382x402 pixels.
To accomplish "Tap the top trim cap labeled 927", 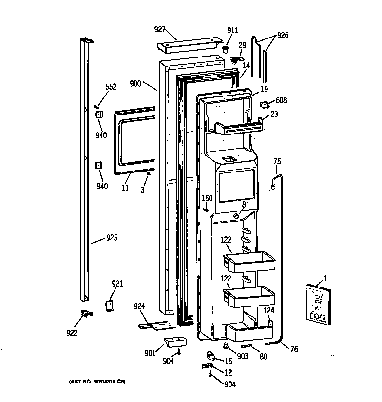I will [x=187, y=46].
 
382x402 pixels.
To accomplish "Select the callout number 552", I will [x=111, y=87].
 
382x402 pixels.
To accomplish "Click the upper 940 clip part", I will [x=98, y=114].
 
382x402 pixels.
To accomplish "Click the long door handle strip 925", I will [x=86, y=171].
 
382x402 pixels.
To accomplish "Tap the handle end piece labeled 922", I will [x=86, y=314].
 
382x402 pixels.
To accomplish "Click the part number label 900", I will [x=135, y=84].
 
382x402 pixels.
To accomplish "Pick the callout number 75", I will [x=277, y=162].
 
